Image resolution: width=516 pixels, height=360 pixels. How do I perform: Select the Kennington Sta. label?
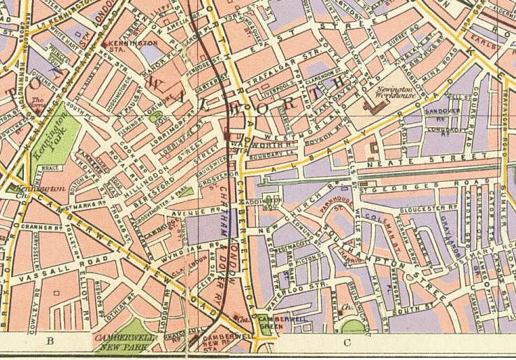click(141, 45)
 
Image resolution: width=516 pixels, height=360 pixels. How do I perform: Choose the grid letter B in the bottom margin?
click(50, 341)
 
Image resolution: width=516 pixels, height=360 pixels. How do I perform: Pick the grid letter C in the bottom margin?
click(346, 342)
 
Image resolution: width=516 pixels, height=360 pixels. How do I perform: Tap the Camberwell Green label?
click(273, 322)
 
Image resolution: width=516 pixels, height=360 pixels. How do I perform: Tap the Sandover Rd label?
click(442, 112)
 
